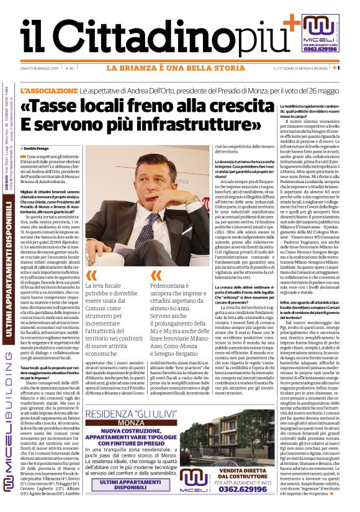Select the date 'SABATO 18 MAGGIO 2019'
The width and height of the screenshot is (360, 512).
coord(37,68)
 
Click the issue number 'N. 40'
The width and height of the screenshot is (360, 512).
coord(70,68)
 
